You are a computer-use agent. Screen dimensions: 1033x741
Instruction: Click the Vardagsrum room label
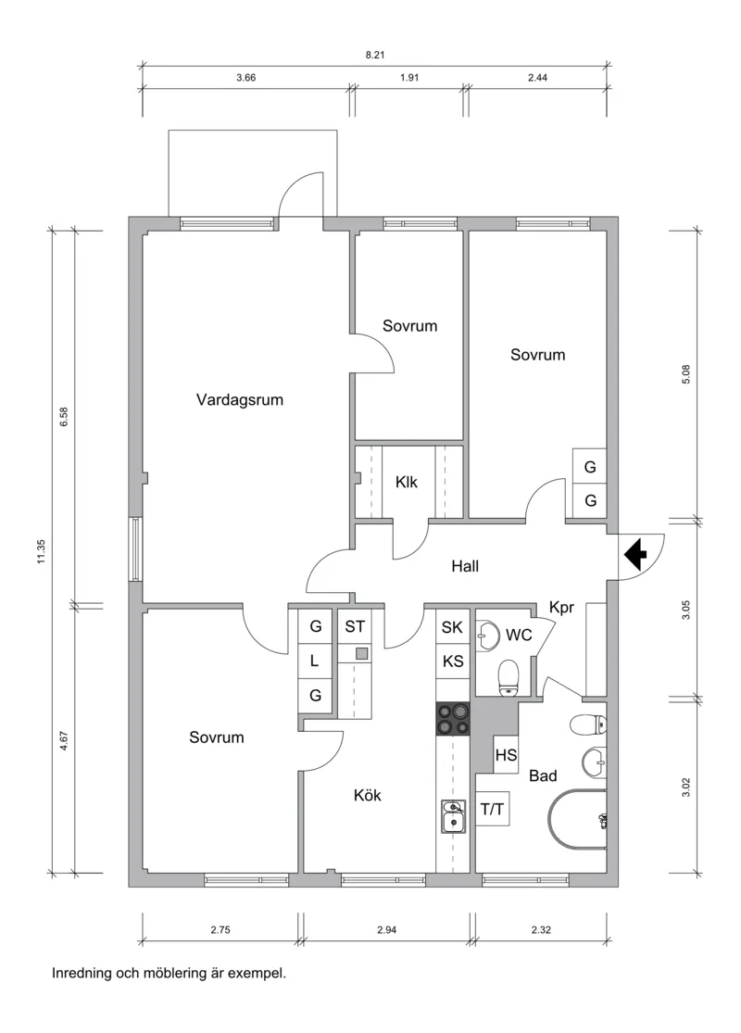239,400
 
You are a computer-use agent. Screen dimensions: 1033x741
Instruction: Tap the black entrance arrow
635,555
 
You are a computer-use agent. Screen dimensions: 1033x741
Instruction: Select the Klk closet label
407,482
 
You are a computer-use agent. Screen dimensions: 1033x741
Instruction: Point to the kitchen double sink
453,816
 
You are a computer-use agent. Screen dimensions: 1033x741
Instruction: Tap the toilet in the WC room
508,676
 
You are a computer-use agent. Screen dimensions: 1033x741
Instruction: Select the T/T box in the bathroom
492,810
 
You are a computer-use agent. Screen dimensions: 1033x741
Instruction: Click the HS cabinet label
506,755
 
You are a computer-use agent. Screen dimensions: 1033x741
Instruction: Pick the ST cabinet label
355,626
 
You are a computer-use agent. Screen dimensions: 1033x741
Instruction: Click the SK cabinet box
452,627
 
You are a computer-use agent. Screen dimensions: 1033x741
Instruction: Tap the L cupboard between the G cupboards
315,661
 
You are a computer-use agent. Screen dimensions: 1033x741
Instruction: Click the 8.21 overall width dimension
375,56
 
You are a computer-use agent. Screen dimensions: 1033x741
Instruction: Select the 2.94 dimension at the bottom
387,928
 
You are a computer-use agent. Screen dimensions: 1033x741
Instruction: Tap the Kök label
368,795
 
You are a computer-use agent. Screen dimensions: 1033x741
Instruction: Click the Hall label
465,566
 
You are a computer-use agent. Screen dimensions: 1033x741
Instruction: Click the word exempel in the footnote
258,974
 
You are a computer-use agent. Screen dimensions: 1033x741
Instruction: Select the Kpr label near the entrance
562,607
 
